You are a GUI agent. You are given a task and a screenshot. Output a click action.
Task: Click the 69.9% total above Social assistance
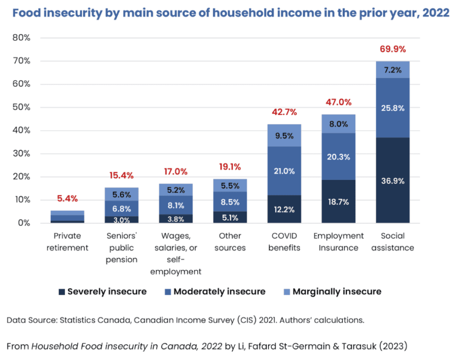click(x=392, y=49)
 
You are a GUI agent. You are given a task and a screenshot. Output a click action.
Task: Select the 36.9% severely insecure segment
click(x=392, y=180)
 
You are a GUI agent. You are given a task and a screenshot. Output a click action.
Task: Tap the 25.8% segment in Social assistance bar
click(x=392, y=108)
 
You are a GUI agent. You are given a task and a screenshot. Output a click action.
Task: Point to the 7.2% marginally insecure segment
click(x=392, y=70)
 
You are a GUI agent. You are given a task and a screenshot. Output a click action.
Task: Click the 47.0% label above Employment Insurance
click(x=338, y=102)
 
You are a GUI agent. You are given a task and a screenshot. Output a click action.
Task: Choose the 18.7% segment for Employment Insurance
click(x=338, y=201)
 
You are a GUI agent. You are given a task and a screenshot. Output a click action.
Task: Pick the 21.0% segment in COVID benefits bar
click(x=284, y=171)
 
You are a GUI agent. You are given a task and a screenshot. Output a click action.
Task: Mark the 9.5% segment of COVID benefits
click(x=284, y=135)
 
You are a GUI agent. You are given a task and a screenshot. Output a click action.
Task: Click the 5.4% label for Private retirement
click(x=68, y=198)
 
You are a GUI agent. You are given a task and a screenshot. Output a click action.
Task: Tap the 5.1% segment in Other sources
click(x=230, y=218)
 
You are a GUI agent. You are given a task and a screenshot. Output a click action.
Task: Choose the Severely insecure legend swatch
click(x=62, y=292)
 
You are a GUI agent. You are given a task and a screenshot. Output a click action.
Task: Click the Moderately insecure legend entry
click(x=219, y=292)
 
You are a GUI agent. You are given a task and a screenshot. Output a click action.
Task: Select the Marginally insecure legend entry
click(x=337, y=292)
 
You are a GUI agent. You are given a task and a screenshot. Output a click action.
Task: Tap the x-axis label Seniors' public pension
click(x=122, y=248)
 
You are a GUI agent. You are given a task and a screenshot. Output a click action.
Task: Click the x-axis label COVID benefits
click(x=284, y=242)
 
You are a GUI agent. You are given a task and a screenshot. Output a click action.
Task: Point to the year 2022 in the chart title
click(x=436, y=13)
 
